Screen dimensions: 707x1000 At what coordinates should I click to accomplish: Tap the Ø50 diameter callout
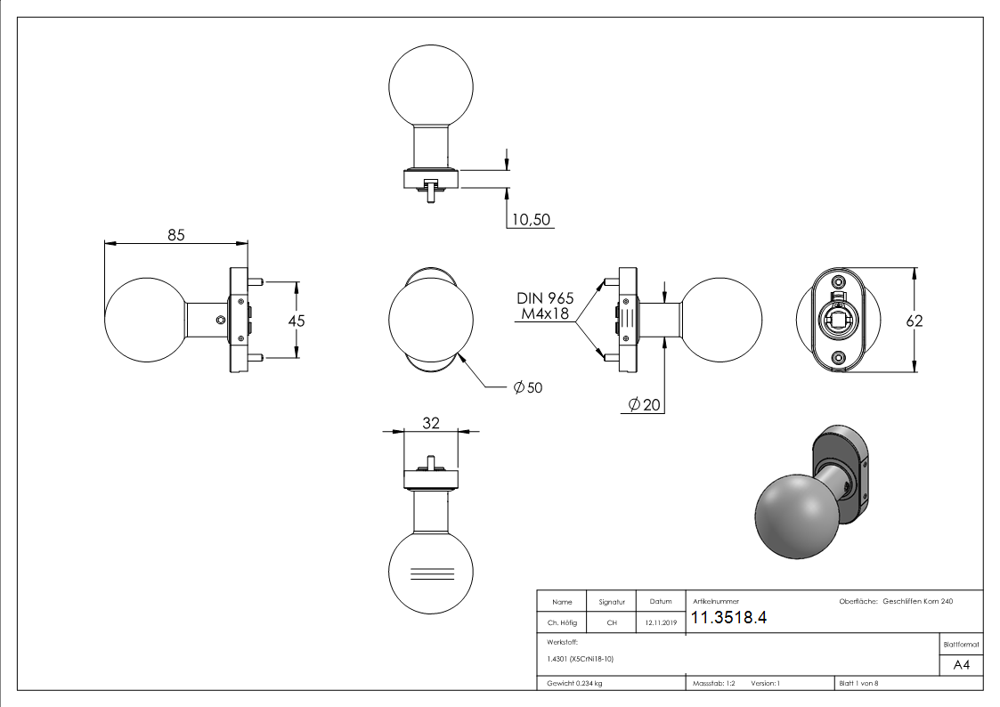pyautogui.click(x=527, y=387)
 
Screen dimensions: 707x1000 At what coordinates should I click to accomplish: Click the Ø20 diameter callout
pyautogui.click(x=645, y=405)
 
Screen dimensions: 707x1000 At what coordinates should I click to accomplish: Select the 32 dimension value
pyautogui.click(x=431, y=424)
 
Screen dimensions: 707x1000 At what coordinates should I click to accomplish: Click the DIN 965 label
pyautogui.click(x=545, y=298)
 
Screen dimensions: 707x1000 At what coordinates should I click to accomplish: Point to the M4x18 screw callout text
pyautogui.click(x=546, y=314)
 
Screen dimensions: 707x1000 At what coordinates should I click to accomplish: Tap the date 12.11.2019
pyautogui.click(x=661, y=623)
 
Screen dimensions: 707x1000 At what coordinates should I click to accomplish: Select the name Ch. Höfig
pyautogui.click(x=562, y=623)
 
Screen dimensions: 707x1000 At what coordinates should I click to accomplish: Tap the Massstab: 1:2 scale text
pyautogui.click(x=714, y=684)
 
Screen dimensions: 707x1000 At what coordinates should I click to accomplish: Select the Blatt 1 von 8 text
pyautogui.click(x=858, y=684)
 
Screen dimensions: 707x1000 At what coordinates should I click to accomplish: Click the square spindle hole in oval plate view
pyautogui.click(x=838, y=318)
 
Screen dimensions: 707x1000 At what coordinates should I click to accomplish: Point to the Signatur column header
pyautogui.click(x=612, y=602)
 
